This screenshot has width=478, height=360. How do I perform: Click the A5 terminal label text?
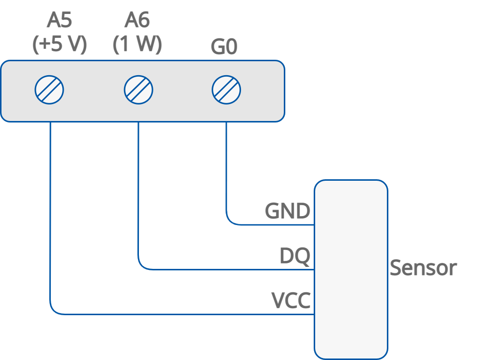pyautogui.click(x=60, y=21)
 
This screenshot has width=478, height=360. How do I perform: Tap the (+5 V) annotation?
pyautogui.click(x=60, y=45)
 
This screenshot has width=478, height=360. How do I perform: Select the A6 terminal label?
pyautogui.click(x=137, y=21)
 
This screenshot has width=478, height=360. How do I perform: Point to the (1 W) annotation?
pyautogui.click(x=137, y=45)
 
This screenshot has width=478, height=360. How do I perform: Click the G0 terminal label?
pyautogui.click(x=224, y=47)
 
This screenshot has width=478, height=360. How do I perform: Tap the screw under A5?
pyautogui.click(x=49, y=90)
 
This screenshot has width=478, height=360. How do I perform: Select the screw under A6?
pyautogui.click(x=138, y=90)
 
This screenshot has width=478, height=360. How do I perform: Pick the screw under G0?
pyautogui.click(x=226, y=90)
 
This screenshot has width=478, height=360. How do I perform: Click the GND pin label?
pyautogui.click(x=287, y=211)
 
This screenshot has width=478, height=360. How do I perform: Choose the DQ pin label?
pyautogui.click(x=295, y=256)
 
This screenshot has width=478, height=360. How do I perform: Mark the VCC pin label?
pyautogui.click(x=291, y=301)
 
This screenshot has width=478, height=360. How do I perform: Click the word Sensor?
pyautogui.click(x=423, y=268)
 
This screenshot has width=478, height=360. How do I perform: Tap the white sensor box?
pyautogui.click(x=351, y=269)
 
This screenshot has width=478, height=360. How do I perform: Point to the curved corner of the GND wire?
pyautogui.click(x=230, y=221)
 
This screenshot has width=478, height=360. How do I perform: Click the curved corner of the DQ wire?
pyautogui.click(x=142, y=266)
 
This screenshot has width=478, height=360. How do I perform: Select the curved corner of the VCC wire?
pyautogui.click(x=54, y=311)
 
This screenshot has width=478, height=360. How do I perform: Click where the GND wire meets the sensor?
pyautogui.click(x=314, y=225)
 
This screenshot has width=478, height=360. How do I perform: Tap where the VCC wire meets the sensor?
pyautogui.click(x=314, y=314)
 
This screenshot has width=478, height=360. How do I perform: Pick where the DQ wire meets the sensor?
pyautogui.click(x=314, y=270)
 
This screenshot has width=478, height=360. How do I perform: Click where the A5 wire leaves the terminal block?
pyautogui.click(x=50, y=122)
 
